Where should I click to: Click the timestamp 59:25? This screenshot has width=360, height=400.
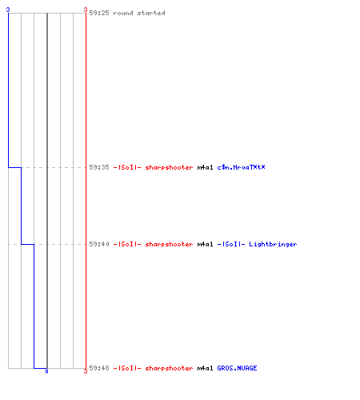99,13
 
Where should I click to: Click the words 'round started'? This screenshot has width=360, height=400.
139,13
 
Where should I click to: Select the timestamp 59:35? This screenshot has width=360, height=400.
99,167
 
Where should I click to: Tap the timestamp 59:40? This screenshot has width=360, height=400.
99,244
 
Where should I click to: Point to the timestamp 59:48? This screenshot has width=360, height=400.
99,368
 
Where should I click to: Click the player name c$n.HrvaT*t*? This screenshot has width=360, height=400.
241,167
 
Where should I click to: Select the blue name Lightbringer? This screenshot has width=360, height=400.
273,244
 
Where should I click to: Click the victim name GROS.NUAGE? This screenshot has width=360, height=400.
237,368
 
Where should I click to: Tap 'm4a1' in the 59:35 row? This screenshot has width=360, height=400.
205,167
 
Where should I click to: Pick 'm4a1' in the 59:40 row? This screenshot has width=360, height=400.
205,244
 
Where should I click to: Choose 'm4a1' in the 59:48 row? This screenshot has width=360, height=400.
205,368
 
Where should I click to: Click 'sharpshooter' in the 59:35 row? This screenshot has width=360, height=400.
169,167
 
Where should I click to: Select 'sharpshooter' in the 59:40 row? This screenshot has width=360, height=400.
169,244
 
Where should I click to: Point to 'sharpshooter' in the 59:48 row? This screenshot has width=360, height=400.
169,368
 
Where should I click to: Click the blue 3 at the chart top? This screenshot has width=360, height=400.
8,10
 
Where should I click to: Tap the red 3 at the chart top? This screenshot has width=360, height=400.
86,10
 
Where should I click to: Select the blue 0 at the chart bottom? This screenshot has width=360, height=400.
46,371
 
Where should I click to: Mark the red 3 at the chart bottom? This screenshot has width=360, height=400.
86,371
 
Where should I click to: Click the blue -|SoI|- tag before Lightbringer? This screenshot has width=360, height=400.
231,244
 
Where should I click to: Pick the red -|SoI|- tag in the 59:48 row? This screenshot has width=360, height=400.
127,368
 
